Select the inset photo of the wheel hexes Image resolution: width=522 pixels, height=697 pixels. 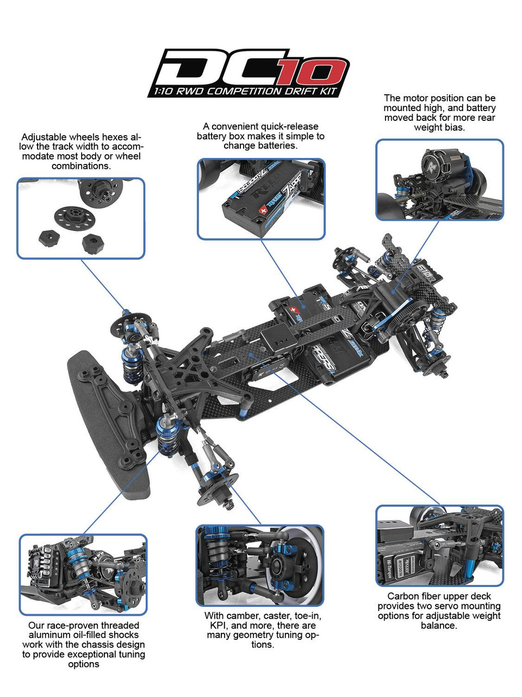pyautogui.click(x=81, y=218)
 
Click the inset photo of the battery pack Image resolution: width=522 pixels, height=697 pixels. pyautogui.click(x=261, y=199)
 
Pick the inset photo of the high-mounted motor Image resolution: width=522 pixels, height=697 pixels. pyautogui.click(x=439, y=180)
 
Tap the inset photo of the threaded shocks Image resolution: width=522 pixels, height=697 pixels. pyautogui.click(x=83, y=574)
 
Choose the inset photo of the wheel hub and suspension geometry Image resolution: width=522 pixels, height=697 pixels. pyautogui.click(x=260, y=566)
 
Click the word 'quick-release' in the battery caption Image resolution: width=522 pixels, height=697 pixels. pyautogui.click(x=290, y=126)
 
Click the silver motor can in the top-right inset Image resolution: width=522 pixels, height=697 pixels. pyautogui.click(x=439, y=163)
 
